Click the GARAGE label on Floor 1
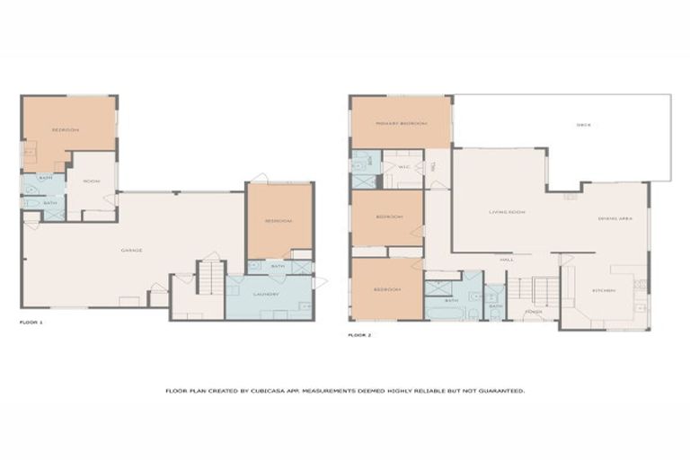click(x=132, y=250)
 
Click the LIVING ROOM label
click(x=507, y=212)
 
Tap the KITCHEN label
click(x=603, y=291)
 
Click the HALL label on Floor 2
click(x=507, y=260)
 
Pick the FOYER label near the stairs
click(x=533, y=313)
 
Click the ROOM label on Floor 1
click(x=91, y=181)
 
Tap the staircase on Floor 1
click(x=208, y=278)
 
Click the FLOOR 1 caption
click(x=31, y=320)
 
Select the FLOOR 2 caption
click(x=359, y=334)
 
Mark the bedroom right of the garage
click(x=279, y=221)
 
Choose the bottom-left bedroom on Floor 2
click(x=387, y=289)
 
